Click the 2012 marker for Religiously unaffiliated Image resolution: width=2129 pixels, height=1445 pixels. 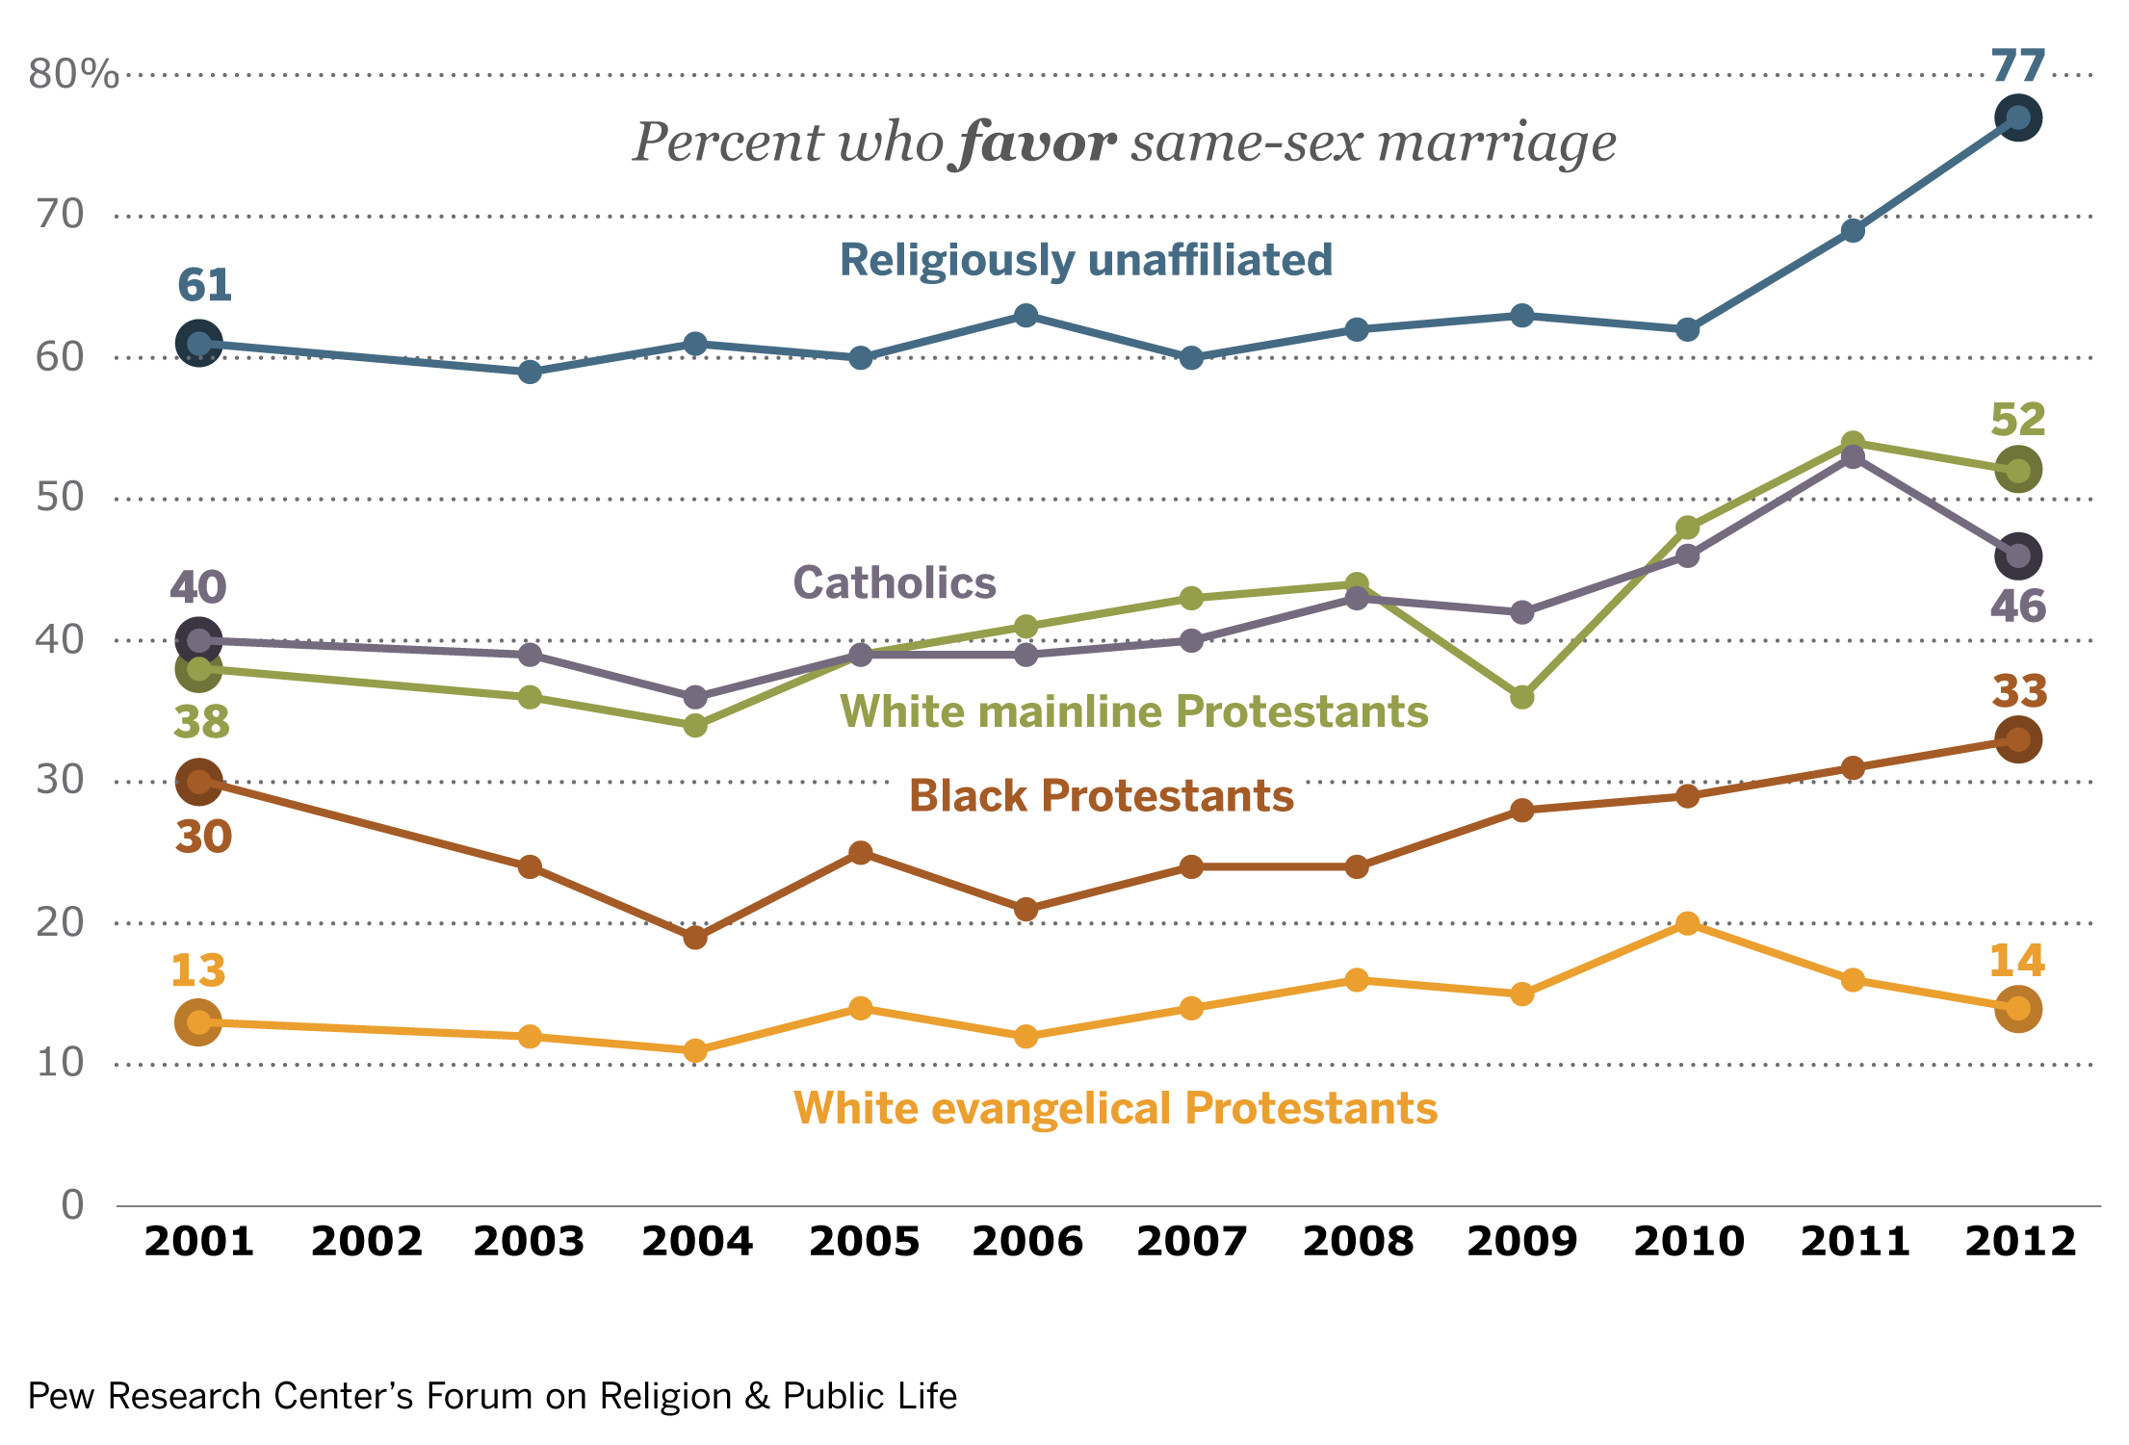2018,118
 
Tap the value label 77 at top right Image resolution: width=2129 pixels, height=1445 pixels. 2018,66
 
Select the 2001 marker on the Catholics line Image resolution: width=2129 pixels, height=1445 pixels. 199,639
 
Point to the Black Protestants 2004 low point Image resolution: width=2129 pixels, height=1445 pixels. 695,937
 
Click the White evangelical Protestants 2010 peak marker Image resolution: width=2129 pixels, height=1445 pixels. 1687,923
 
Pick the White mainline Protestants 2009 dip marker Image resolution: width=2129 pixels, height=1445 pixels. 1521,696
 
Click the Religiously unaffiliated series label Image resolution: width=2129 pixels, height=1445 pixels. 1086,260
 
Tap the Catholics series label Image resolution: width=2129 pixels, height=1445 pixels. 894,583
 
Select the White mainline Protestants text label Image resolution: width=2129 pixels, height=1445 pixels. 1134,712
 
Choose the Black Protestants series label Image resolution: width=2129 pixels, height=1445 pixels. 1102,796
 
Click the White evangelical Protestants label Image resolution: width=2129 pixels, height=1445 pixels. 1115,1108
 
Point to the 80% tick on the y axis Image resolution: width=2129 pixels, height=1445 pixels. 73,74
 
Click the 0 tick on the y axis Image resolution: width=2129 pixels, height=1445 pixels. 72,1204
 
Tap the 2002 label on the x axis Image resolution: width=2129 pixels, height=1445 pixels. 367,1242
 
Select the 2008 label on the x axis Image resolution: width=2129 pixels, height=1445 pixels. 1358,1242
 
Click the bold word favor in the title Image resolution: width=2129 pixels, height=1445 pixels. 1037,142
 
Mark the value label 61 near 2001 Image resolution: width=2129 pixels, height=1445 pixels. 204,286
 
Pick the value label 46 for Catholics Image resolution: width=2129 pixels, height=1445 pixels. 2017,606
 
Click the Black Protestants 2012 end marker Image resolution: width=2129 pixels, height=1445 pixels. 2018,739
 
